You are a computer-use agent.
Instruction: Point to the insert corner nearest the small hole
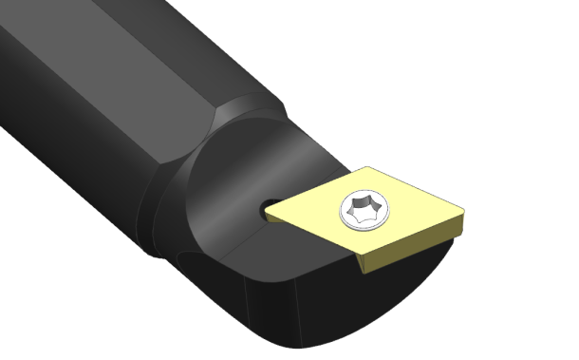tap(269, 215)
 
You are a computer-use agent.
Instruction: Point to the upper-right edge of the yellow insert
tap(418, 188)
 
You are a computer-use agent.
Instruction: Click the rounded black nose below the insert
tap(313, 304)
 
